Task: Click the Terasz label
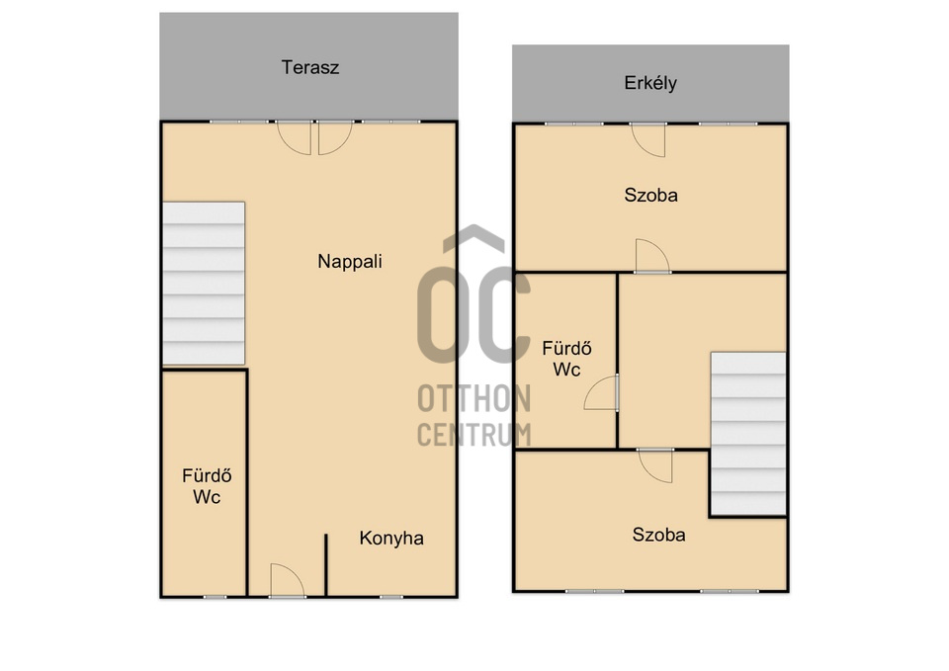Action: point(310,68)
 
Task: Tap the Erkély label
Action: point(650,83)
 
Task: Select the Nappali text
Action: point(350,262)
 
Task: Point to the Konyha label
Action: point(391,539)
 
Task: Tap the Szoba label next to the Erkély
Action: point(650,195)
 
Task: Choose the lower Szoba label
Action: point(659,536)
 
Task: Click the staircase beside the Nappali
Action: point(204,283)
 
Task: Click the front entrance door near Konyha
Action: point(286,581)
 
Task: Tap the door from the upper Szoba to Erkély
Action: point(648,139)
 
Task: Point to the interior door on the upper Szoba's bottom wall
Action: point(651,257)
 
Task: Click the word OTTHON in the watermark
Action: point(474,400)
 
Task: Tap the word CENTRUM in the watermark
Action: point(474,434)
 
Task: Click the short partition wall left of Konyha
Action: point(325,564)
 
